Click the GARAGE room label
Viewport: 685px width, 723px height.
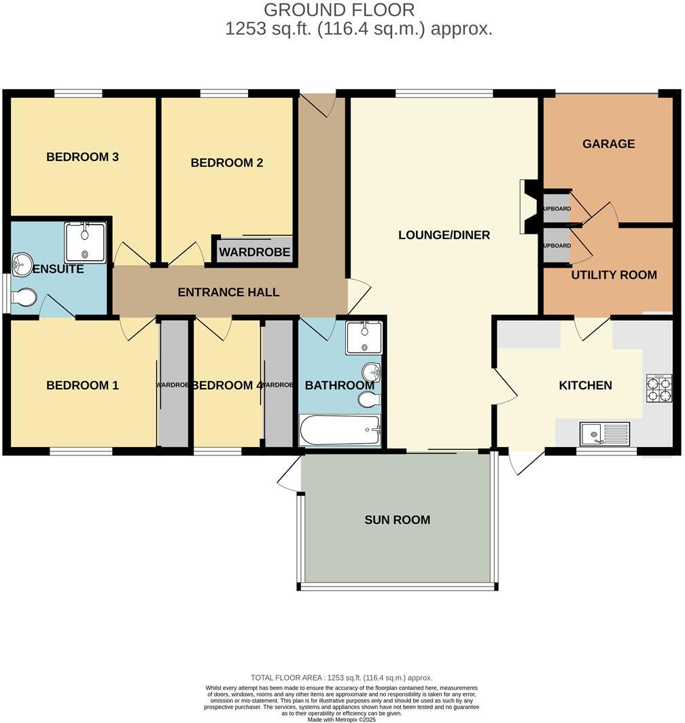608,144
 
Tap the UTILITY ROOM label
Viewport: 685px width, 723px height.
614,275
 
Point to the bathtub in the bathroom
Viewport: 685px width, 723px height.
340,430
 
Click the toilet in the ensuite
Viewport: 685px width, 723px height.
25,298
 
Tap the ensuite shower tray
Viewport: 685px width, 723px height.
85,242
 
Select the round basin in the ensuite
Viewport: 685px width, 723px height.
22,264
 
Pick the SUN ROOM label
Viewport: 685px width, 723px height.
398,521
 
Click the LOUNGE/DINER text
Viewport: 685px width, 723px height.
444,236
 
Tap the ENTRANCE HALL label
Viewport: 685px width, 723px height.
228,293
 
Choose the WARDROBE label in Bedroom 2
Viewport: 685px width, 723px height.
255,253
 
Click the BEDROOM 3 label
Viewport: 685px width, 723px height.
82,157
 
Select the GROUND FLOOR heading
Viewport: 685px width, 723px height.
338,10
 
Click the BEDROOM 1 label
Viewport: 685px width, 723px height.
82,386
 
